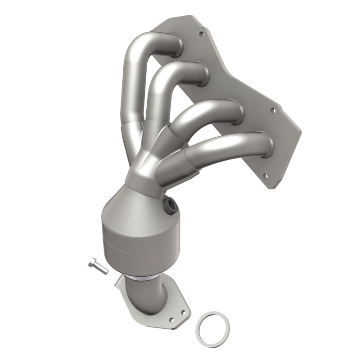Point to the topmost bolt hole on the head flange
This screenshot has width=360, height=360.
click(x=201, y=33)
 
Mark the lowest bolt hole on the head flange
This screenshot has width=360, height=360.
click(x=264, y=176)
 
